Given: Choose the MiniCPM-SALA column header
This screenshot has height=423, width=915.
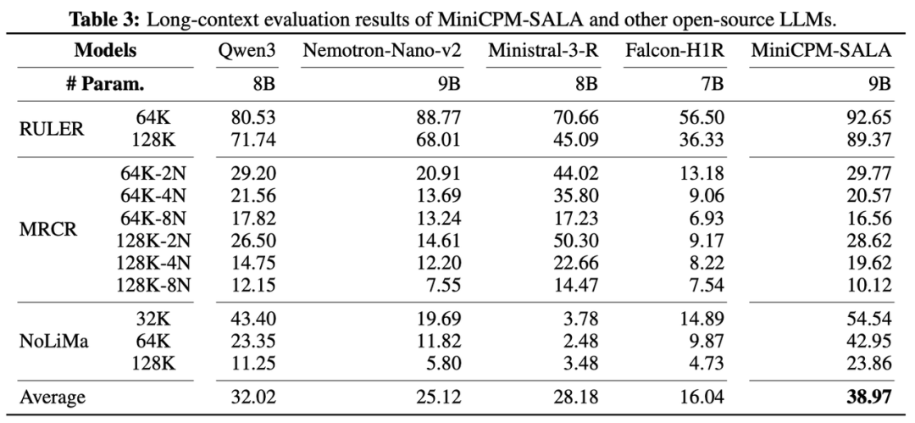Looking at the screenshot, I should [x=821, y=51].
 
